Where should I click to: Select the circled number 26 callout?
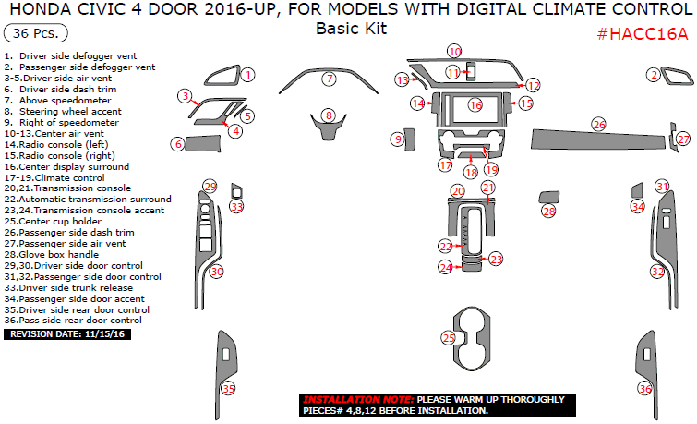[x=598, y=124]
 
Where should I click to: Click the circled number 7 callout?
[x=329, y=79]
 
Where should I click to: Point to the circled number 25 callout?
[x=449, y=339]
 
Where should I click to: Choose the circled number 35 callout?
[x=228, y=389]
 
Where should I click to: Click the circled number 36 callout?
[x=645, y=389]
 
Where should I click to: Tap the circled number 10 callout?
[x=454, y=51]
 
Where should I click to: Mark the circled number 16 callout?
[x=475, y=105]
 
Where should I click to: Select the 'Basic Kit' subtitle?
[x=351, y=28]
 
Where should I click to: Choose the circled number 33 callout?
[x=237, y=207]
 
